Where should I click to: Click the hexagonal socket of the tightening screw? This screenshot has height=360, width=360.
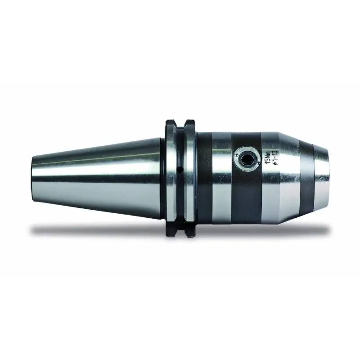247,158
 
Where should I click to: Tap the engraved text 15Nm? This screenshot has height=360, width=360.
268,157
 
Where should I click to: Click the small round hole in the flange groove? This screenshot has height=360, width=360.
180,170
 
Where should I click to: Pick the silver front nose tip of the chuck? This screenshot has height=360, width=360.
321,178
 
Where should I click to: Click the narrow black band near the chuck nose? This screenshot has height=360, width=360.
306,178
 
